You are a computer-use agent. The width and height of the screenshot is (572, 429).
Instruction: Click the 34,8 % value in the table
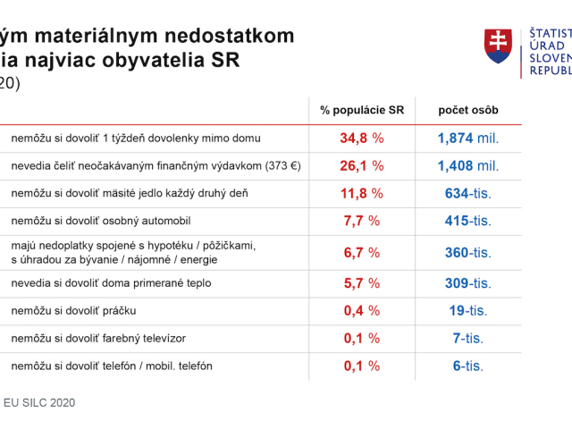point(362,139)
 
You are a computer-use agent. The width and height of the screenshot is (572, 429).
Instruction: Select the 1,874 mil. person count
point(468,139)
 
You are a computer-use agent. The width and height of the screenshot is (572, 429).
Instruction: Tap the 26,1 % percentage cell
point(362,166)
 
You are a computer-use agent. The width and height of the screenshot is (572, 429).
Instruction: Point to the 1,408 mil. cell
point(468,166)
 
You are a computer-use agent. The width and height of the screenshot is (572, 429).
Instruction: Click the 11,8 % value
point(362,193)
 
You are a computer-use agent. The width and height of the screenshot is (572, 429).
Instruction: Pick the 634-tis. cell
point(468,193)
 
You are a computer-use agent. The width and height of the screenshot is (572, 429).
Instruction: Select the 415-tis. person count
point(468,221)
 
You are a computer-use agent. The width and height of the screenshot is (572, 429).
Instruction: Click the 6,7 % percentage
point(362,252)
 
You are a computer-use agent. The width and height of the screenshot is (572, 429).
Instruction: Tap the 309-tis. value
point(468,283)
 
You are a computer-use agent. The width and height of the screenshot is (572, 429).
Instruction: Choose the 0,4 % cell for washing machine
point(362,311)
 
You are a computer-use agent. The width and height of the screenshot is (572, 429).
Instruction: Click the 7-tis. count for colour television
point(468,338)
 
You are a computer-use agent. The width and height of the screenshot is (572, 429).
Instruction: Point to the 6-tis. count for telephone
point(468,366)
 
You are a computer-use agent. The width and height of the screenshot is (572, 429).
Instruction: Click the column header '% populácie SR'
point(362,110)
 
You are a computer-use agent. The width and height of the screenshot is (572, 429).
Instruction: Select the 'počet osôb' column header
point(468,110)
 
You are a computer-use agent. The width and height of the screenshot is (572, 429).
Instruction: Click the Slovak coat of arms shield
point(498,46)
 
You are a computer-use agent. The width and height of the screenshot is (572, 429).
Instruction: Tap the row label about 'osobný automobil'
point(101,221)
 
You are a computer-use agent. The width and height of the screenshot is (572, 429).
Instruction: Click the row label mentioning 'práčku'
point(73,311)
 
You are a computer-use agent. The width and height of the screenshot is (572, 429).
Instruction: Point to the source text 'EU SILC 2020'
point(39,403)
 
